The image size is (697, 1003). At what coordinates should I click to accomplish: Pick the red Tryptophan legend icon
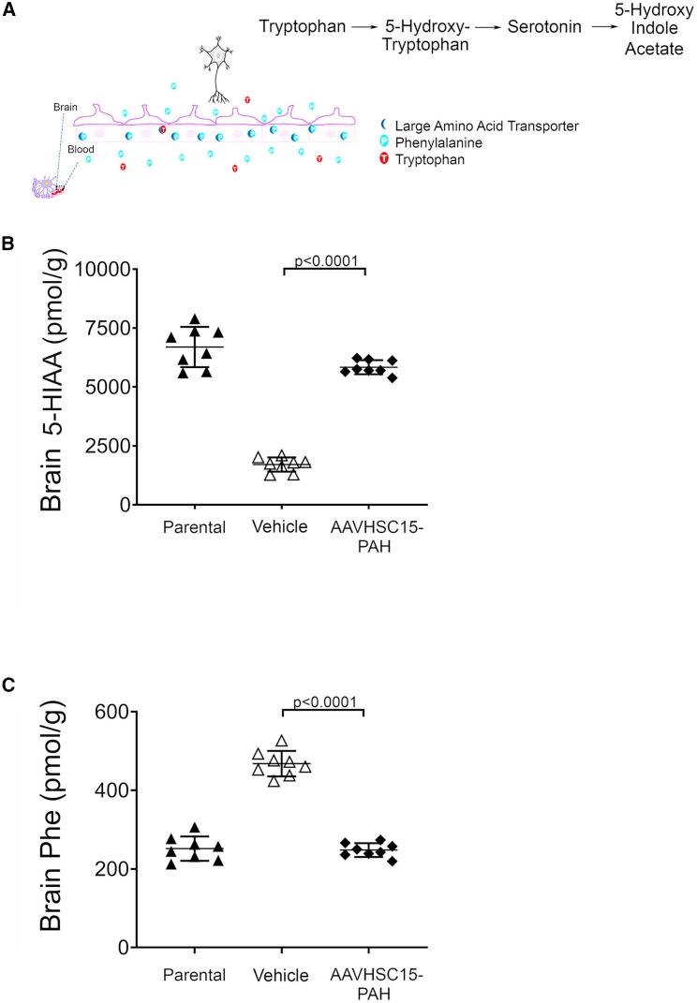pos(385,160)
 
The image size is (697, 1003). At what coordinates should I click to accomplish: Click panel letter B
pos(8,243)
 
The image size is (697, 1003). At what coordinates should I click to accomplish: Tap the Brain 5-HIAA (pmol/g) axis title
pos(52,387)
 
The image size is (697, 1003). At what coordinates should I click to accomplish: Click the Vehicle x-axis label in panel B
pos(281,526)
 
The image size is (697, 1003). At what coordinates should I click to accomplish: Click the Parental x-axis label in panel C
pos(194,975)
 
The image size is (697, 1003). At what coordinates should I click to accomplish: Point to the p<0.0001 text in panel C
pos(323,701)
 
